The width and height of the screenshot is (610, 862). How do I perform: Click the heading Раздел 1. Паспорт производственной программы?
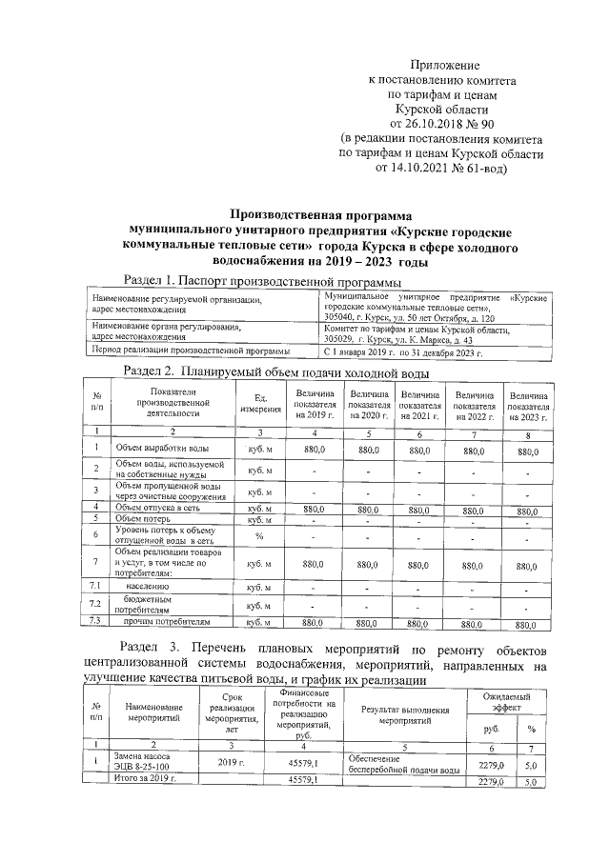[263, 281]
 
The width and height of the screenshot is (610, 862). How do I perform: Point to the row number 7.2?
[95, 604]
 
